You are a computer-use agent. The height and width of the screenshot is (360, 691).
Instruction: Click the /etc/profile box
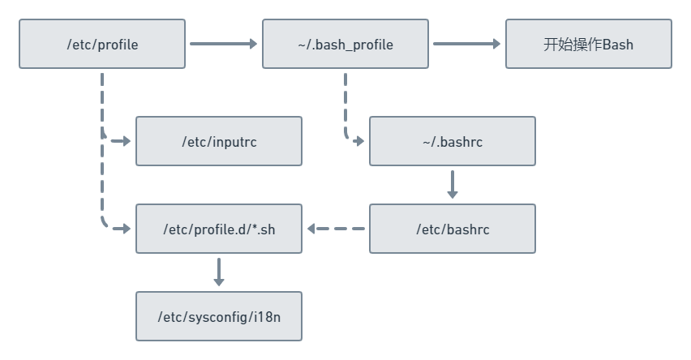pyautogui.click(x=102, y=45)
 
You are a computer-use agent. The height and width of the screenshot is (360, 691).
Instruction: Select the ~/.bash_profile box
pyautogui.click(x=345, y=45)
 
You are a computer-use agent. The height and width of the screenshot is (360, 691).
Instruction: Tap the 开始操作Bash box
pyautogui.click(x=588, y=45)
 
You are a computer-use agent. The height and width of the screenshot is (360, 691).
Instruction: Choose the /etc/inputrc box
pyautogui.click(x=218, y=141)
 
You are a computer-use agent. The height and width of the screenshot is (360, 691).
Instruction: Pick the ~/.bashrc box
pyautogui.click(x=452, y=141)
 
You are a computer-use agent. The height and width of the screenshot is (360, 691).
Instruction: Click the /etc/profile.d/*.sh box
pyautogui.click(x=218, y=229)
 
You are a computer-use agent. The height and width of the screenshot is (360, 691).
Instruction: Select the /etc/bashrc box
pyautogui.click(x=452, y=229)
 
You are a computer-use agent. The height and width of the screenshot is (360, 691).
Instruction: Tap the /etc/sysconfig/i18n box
pyautogui.click(x=218, y=316)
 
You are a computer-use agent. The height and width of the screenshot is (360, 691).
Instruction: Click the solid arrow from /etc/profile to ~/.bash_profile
pyautogui.click(x=223, y=44)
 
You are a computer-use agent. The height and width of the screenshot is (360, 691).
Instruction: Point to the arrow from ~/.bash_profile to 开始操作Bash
pyautogui.click(x=466, y=44)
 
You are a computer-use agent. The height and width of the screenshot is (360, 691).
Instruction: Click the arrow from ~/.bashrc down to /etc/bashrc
pyautogui.click(x=453, y=184)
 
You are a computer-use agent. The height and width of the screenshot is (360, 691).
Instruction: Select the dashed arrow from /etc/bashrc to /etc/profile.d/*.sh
pyautogui.click(x=336, y=229)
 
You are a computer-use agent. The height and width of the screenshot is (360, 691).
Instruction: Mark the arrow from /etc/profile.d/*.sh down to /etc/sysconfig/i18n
pyautogui.click(x=218, y=272)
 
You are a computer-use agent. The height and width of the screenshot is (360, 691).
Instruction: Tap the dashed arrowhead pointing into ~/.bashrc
pyautogui.click(x=358, y=141)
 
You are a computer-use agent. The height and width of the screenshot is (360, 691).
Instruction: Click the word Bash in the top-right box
pyautogui.click(x=618, y=45)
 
